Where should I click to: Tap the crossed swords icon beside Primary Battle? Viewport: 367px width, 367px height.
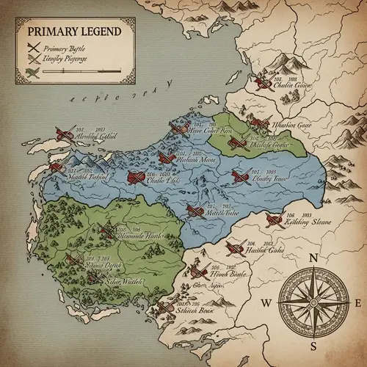tap(33, 48)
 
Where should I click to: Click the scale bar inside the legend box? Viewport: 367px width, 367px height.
tap(81, 72)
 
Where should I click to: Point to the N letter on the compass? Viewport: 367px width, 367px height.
tap(313, 258)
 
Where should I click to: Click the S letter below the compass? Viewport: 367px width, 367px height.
tap(313, 345)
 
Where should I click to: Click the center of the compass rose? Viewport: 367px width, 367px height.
tap(313, 302)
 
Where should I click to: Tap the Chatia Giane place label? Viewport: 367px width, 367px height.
tap(292, 85)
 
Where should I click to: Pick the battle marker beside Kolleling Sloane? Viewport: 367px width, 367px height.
tap(275, 218)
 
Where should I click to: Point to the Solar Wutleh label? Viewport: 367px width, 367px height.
tap(107, 280)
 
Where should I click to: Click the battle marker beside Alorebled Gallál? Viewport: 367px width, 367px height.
tap(65, 134)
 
